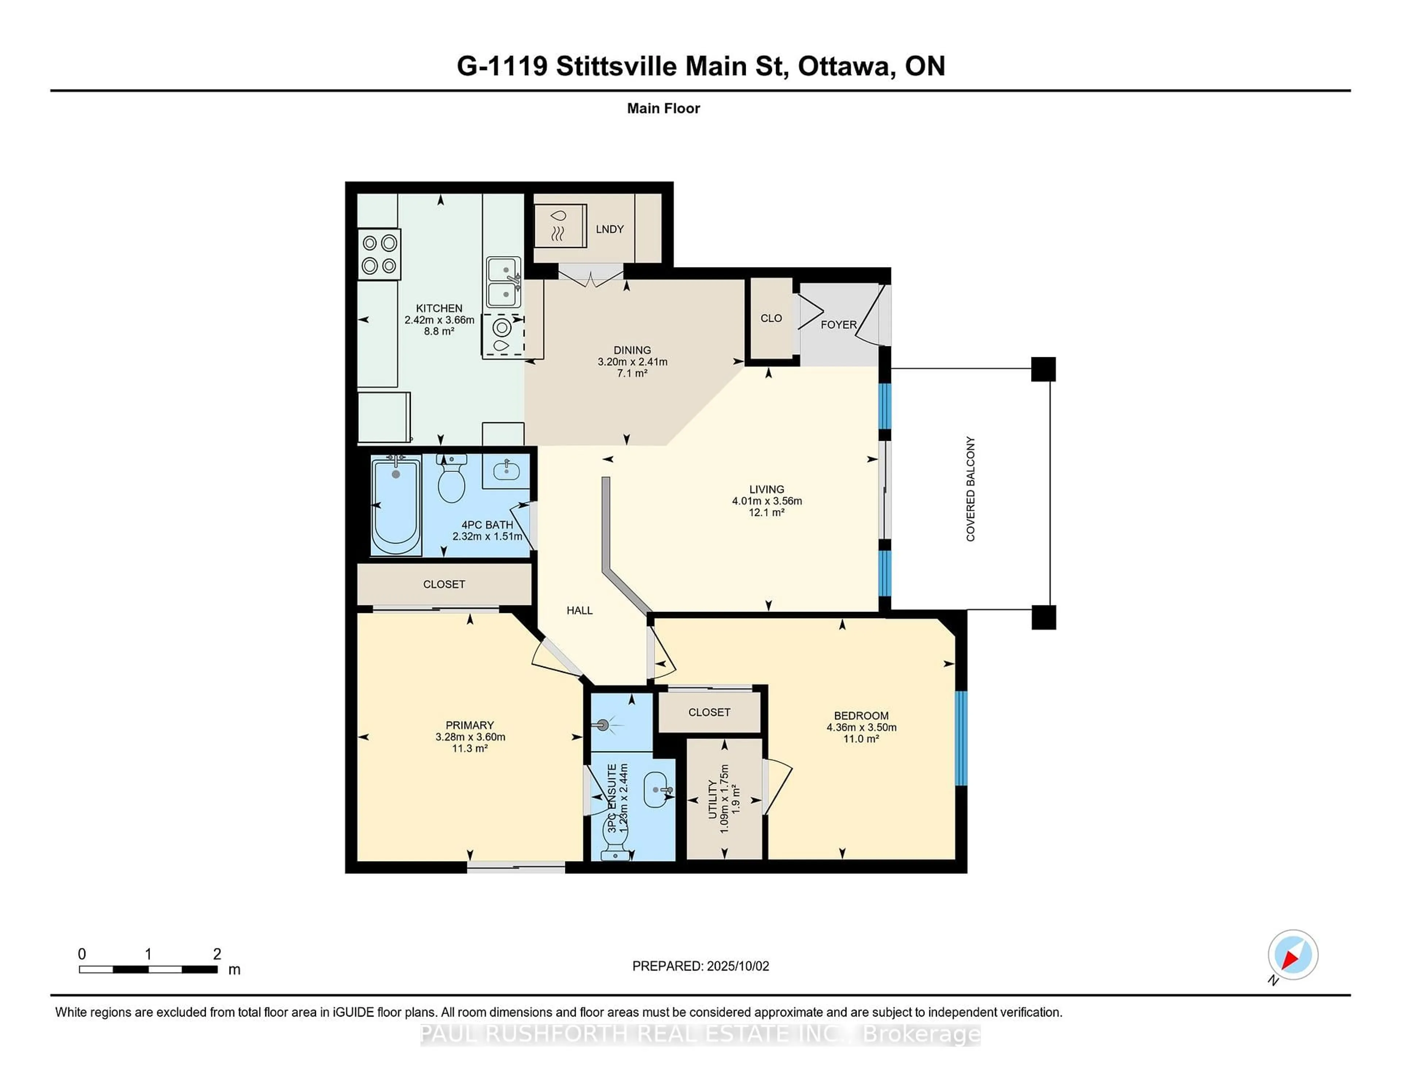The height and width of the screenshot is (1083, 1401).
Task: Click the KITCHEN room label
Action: point(439,308)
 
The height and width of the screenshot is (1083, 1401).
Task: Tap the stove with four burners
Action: point(379,254)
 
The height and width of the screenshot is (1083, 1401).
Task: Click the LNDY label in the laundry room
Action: point(609,229)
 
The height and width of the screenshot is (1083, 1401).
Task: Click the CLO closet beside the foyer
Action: point(771,318)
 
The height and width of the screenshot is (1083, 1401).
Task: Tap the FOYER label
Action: point(838,325)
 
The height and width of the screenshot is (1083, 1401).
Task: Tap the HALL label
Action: point(579,610)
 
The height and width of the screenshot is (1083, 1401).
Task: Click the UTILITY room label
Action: point(712,799)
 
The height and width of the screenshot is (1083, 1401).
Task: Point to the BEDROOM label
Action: point(861,715)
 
